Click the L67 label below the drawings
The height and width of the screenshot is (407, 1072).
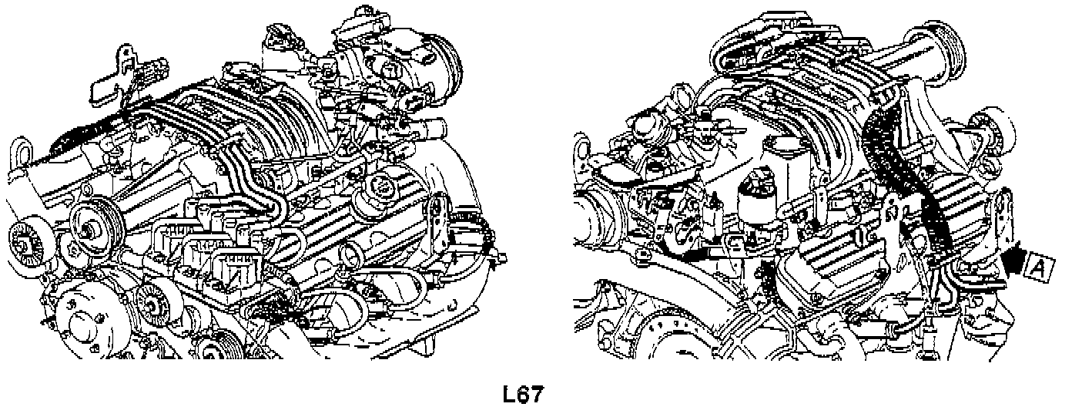pyautogui.click(x=524, y=394)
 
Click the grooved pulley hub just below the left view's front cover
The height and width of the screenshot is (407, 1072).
pyautogui.click(x=94, y=226)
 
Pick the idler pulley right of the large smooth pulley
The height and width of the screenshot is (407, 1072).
pyautogui.click(x=156, y=304)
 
